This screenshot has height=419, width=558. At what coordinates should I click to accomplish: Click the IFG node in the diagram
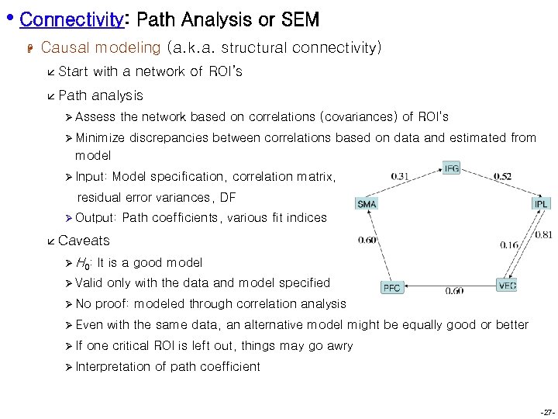[451, 168]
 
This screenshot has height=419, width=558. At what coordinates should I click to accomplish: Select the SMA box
[367, 204]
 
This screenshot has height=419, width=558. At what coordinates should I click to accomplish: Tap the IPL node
[540, 203]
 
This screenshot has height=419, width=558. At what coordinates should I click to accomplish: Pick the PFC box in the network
[392, 288]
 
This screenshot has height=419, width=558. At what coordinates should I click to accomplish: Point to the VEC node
[507, 286]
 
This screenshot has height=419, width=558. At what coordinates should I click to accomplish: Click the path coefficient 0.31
[401, 176]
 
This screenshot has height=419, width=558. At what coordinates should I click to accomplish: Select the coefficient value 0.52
[502, 176]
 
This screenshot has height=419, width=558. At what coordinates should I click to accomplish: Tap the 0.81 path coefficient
[543, 234]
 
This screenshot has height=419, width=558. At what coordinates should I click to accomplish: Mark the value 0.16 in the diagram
[509, 244]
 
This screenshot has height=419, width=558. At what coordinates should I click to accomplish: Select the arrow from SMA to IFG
[408, 187]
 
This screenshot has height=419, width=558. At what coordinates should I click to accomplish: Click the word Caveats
[84, 241]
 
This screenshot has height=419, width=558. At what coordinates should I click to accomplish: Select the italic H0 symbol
[82, 263]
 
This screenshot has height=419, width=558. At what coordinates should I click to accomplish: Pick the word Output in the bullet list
[95, 218]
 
